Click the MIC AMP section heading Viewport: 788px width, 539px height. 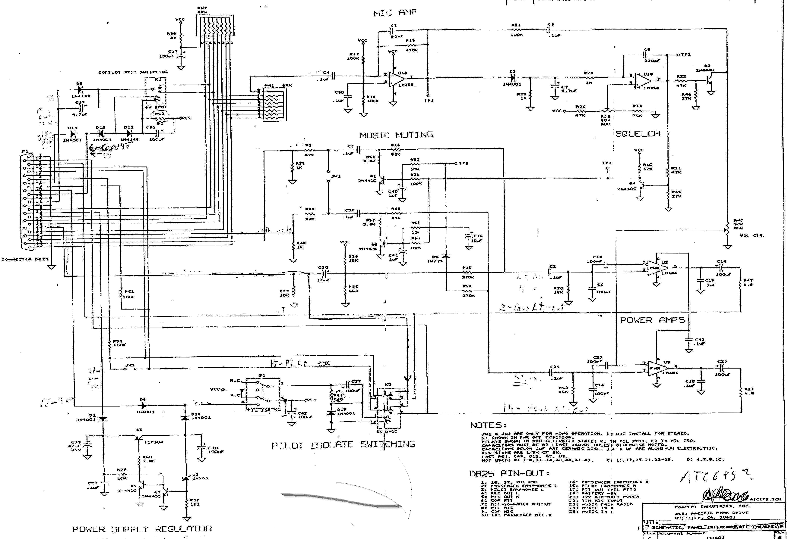pos(395,13)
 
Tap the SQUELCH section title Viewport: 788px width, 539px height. pos(638,134)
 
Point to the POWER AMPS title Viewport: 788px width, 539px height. pos(652,320)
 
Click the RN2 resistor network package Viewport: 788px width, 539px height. pos(215,25)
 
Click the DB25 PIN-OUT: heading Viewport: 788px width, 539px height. pos(509,474)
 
